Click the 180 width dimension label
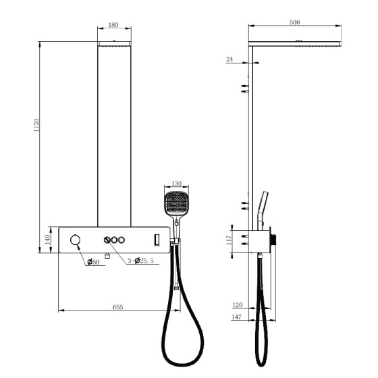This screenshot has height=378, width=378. pos(113,25)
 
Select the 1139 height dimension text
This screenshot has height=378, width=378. pos(36,125)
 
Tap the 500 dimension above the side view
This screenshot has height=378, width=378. pos(294,22)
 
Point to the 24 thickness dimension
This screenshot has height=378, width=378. pos(230,59)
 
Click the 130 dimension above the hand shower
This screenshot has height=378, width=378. pos(176,184)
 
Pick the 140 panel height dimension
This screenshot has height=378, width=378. pos(47,240)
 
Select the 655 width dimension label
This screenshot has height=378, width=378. pos(118,307)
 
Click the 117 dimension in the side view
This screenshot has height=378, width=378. pos(228,240)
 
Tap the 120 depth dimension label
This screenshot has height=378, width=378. pos(237,305)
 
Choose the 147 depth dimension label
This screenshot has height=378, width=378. pos(236,317)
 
